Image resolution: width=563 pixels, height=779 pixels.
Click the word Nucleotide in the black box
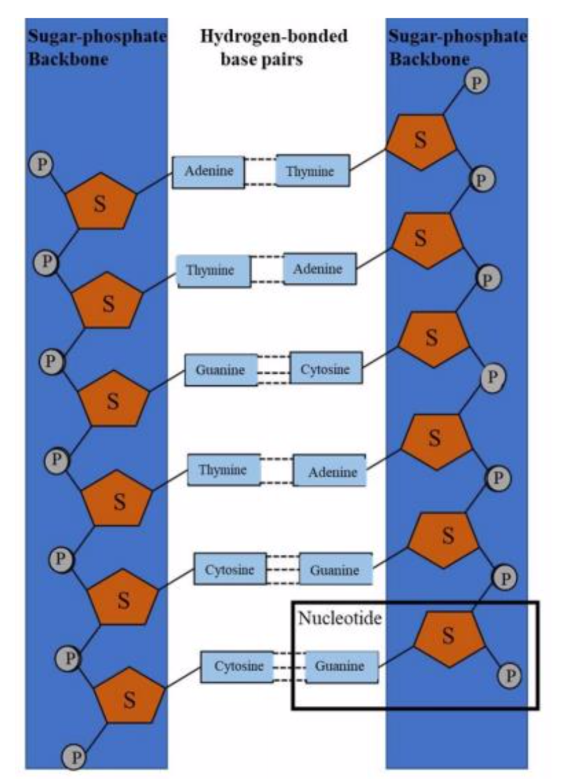pyautogui.click(x=339, y=618)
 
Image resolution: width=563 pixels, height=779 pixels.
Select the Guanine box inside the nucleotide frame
pyautogui.click(x=341, y=666)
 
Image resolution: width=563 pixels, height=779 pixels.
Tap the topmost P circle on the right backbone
pyautogui.click(x=477, y=82)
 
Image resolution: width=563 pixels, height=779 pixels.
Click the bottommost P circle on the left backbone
pyautogui.click(x=75, y=757)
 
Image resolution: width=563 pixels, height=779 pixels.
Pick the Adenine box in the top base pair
pyautogui.click(x=208, y=172)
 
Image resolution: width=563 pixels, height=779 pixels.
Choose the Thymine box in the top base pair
pyautogui.click(x=312, y=171)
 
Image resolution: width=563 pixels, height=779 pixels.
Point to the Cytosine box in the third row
pyautogui.click(x=325, y=369)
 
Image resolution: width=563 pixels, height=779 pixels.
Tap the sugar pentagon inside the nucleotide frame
pyautogui.click(x=449, y=637)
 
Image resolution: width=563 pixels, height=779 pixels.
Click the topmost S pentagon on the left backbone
pyautogui.click(x=100, y=202)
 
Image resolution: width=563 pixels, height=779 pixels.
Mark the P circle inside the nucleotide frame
pyautogui.click(x=509, y=676)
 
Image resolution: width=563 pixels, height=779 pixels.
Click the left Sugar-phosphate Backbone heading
pyautogui.click(x=96, y=47)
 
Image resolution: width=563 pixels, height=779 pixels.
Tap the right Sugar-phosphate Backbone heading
pyautogui.click(x=457, y=47)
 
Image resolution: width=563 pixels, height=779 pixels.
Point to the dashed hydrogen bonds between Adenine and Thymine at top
pyautogui.click(x=260, y=171)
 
